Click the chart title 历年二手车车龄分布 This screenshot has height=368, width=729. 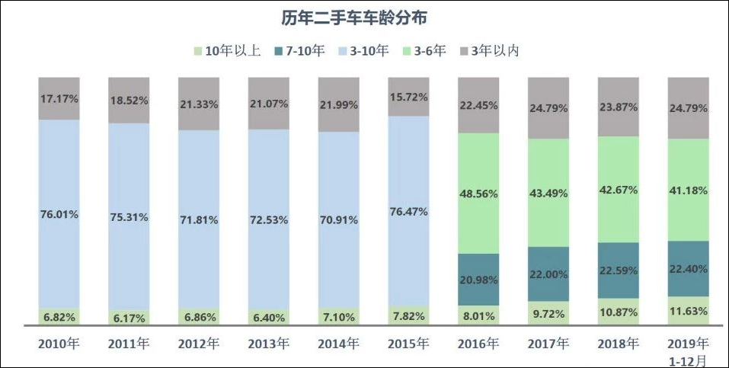(364, 16)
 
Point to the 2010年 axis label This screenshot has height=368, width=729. (59, 344)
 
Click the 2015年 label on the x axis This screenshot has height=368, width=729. (409, 344)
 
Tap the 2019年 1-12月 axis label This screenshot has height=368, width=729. (688, 351)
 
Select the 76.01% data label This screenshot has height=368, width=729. (59, 215)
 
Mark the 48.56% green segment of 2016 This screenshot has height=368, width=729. (478, 194)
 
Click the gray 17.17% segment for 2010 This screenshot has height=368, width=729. (59, 98)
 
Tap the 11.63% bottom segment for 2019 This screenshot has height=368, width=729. (688, 311)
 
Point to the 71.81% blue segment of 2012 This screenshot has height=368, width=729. (199, 219)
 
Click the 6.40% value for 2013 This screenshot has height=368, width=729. (269, 317)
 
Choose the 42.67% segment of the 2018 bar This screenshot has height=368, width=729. (619, 190)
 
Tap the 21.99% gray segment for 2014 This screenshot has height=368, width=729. (339, 104)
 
